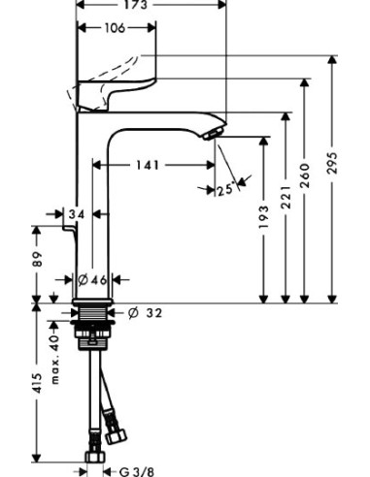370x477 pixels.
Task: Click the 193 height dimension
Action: [262, 228]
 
